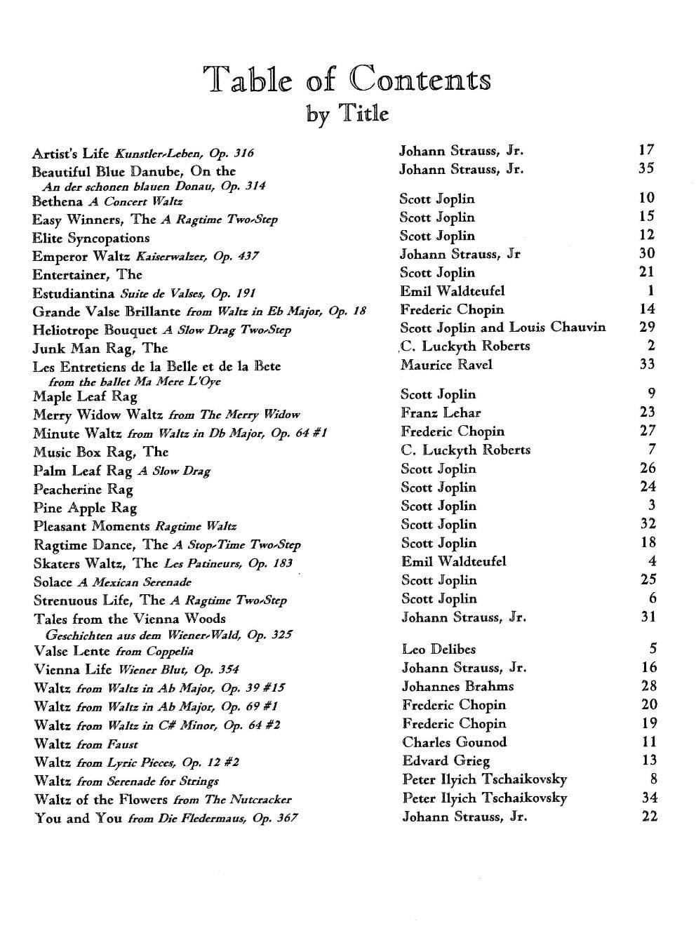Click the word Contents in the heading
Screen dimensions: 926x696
[421, 79]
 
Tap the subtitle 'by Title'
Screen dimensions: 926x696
[347, 112]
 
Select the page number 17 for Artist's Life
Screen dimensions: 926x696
[646, 149]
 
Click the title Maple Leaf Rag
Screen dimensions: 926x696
[85, 396]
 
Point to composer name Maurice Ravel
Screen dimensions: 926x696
[446, 364]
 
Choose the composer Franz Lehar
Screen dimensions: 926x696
[441, 412]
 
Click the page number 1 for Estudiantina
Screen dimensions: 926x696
[651, 290]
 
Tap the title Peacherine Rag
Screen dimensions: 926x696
[83, 490]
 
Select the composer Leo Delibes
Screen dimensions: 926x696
[439, 649]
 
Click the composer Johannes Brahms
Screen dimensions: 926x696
[457, 686]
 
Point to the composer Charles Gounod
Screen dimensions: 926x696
[454, 742]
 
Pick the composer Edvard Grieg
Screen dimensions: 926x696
[446, 760]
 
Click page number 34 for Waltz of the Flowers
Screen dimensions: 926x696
[649, 797]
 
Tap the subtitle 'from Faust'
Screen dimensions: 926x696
[107, 744]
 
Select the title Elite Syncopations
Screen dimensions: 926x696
[91, 238]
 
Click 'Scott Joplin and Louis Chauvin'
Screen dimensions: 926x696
[502, 328]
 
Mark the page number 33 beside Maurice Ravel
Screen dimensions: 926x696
[647, 363]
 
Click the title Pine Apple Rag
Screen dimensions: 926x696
[85, 508]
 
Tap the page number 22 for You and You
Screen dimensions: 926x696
[649, 816]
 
